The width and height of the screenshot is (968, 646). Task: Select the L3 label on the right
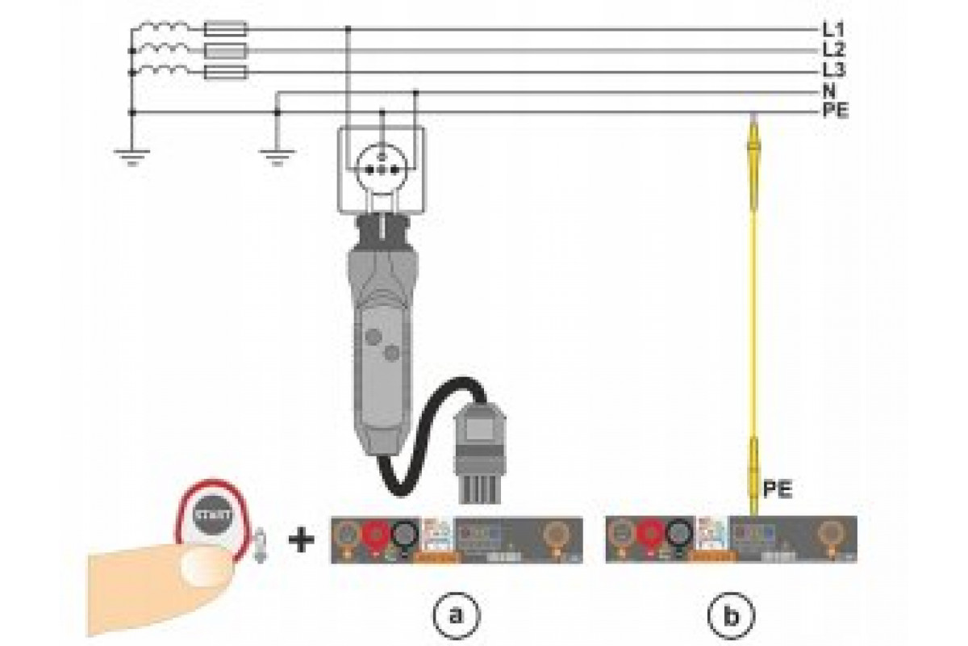[x=833, y=71]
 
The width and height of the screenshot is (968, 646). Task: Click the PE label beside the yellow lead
[x=775, y=489]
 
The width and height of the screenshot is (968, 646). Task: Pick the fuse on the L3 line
[x=227, y=73]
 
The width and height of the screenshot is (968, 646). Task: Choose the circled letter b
[x=732, y=615]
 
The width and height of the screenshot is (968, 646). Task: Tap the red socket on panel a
[x=375, y=535]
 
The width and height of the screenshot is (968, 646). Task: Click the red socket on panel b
[x=650, y=535]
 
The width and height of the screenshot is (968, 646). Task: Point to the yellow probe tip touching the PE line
[x=753, y=121]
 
